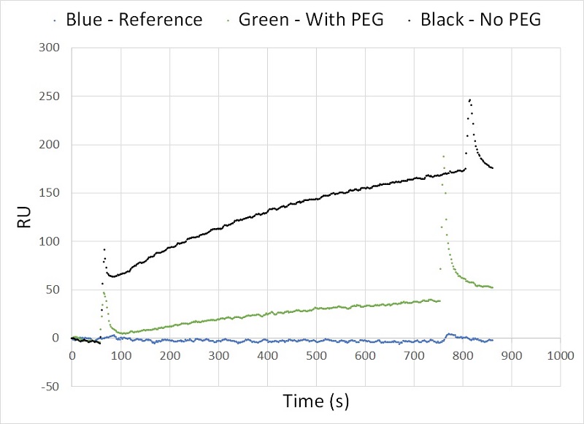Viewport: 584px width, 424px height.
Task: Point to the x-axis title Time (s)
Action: [x=315, y=402]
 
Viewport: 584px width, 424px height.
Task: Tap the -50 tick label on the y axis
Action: [x=50, y=387]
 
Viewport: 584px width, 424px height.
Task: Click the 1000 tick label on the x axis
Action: [x=560, y=355]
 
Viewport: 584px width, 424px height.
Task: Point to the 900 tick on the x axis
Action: [x=512, y=355]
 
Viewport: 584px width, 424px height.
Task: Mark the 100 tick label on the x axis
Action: [x=120, y=355]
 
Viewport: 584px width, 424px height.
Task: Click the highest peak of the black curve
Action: [x=470, y=99]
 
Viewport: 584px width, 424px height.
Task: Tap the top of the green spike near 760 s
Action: [x=442, y=156]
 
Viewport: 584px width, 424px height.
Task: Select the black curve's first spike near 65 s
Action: [x=104, y=249]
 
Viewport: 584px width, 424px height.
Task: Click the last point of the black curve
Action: [x=493, y=168]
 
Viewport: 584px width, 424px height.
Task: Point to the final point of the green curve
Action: [x=493, y=287]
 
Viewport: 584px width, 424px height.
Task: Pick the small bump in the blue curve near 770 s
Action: [x=448, y=334]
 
